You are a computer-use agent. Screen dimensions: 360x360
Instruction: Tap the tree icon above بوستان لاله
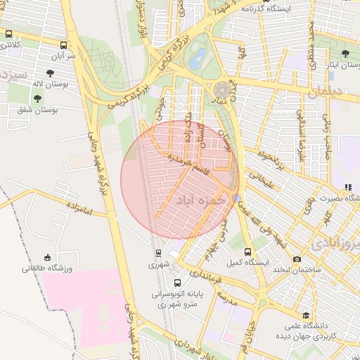tap(51, 72)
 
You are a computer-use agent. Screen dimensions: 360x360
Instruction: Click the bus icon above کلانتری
tap(8, 33)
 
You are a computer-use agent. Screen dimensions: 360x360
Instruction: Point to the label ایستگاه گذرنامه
tap(266, 8)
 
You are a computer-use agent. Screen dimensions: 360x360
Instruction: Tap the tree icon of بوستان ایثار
tap(345, 53)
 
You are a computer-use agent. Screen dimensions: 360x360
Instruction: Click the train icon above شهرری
tap(157, 253)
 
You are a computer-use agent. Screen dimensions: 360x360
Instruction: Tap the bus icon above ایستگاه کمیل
tap(247, 252)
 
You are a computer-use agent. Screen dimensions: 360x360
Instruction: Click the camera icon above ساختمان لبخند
tap(297, 259)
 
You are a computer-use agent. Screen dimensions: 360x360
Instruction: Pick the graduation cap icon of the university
tap(305, 315)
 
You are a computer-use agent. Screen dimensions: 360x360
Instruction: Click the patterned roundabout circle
tap(224, 90)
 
